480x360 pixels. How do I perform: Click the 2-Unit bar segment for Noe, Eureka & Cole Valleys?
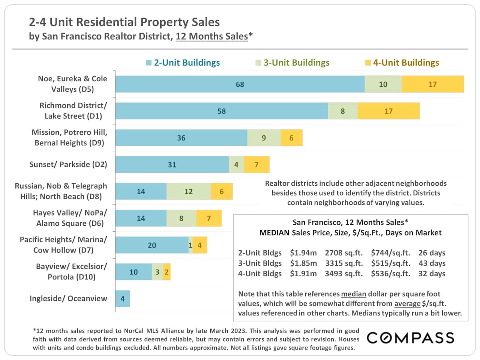(x=240, y=84)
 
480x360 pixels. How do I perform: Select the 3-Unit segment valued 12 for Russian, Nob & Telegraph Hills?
(x=189, y=192)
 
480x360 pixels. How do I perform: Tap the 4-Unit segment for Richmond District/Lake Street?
(x=388, y=111)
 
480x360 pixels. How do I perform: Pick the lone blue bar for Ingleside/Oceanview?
(x=123, y=299)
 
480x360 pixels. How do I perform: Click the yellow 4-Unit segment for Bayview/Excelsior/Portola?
(x=167, y=272)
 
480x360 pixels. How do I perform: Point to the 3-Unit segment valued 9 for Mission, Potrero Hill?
(x=264, y=138)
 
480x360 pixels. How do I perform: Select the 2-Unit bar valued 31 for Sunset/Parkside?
(x=172, y=165)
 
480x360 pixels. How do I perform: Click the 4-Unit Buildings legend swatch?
(x=368, y=63)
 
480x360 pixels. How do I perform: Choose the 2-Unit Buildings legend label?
(x=187, y=63)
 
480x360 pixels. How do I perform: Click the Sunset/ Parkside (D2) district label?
(x=68, y=164)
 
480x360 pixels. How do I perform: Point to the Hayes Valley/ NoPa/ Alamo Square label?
(x=70, y=218)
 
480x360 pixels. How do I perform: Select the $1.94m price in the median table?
(x=303, y=253)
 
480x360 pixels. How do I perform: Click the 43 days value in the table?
(x=432, y=263)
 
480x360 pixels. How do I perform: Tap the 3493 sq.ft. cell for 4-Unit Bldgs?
(x=343, y=274)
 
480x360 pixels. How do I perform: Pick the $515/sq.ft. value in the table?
(x=390, y=263)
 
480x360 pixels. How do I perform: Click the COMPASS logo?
(x=410, y=338)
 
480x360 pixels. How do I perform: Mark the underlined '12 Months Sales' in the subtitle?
(x=211, y=36)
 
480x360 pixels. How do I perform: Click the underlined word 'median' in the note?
(x=353, y=294)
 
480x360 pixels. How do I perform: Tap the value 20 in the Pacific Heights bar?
(x=152, y=245)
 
